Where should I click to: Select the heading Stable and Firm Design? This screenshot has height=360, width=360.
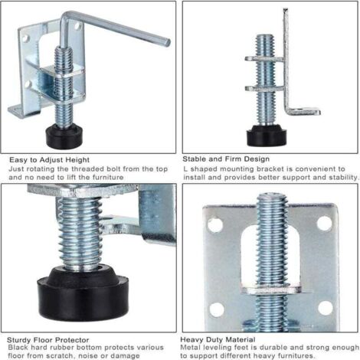[225, 159]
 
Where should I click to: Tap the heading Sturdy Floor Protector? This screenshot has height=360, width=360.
[48, 338]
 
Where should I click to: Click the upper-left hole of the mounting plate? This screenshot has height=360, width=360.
[214, 225]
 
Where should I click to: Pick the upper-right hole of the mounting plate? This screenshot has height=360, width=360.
[325, 223]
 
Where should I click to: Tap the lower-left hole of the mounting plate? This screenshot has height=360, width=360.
[215, 309]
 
